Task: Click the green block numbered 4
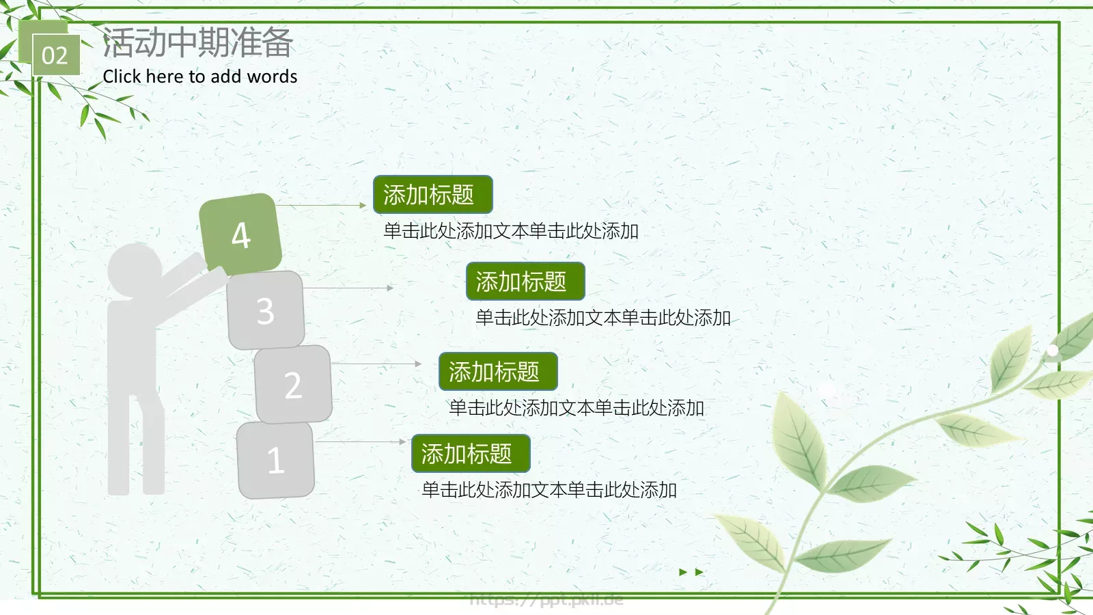(x=240, y=234)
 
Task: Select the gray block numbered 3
(x=266, y=311)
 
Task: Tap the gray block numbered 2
(x=293, y=385)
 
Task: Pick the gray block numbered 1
(x=275, y=460)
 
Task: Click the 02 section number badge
(x=55, y=55)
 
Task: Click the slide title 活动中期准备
(x=197, y=43)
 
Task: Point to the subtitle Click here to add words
(x=200, y=77)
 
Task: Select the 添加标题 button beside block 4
(x=432, y=195)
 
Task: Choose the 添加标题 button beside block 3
(x=525, y=282)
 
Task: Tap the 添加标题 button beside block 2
(x=498, y=372)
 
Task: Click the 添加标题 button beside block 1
(x=471, y=454)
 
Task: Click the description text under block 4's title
(x=511, y=231)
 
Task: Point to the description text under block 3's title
(x=603, y=318)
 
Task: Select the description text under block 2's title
(x=576, y=408)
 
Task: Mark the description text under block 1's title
(x=549, y=490)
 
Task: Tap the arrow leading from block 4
(x=321, y=205)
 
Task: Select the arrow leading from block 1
(x=360, y=442)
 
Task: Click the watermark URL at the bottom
(x=546, y=600)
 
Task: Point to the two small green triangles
(x=691, y=572)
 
